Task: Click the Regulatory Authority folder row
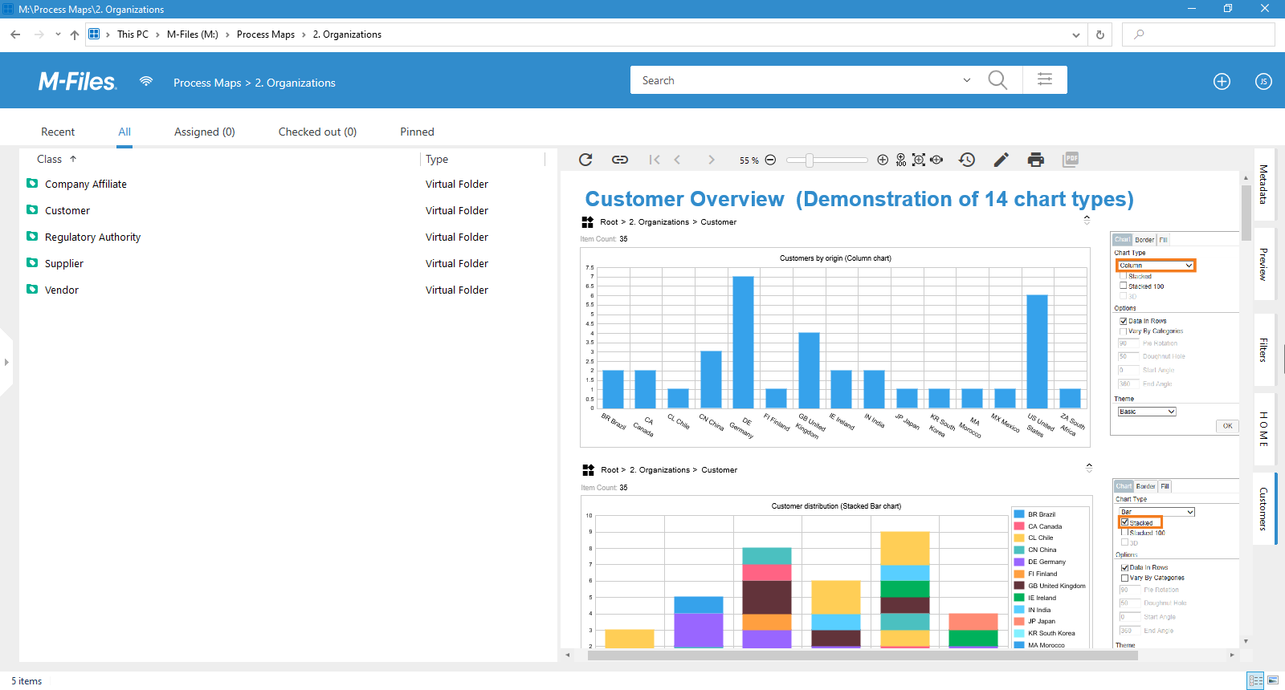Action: pos(92,237)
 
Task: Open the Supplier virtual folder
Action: pos(64,263)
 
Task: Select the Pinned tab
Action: pos(417,132)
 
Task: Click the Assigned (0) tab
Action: pos(204,132)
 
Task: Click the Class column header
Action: pos(50,159)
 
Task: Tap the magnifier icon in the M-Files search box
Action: pos(997,80)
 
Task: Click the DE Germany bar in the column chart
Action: pos(743,343)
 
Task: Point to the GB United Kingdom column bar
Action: pos(809,370)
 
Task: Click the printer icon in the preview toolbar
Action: pos(1035,160)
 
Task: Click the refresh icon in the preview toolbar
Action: pos(585,160)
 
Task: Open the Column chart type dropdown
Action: pos(1156,266)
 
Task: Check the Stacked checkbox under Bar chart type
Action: pos(1125,522)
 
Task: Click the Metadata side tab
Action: pos(1263,184)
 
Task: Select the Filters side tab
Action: pos(1263,350)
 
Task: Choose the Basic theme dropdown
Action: pos(1147,412)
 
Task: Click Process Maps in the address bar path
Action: pos(266,34)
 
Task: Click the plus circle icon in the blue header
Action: pos(1222,81)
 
